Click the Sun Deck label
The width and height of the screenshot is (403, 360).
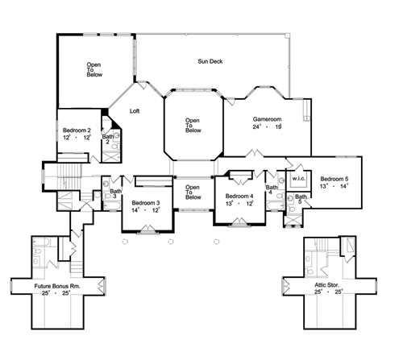point(210,61)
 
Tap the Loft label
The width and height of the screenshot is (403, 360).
point(135,111)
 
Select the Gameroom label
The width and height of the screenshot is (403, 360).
point(267,119)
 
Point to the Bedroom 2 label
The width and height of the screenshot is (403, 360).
point(77,130)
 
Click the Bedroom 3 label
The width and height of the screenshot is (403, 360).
point(146,203)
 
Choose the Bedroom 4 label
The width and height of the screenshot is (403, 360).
point(239,197)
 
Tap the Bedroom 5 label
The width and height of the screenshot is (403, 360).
point(334,179)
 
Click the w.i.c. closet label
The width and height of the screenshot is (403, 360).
point(298,179)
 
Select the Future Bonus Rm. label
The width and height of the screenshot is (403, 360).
point(57,286)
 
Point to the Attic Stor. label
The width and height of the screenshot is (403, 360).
point(327,285)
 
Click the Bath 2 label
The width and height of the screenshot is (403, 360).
point(108,139)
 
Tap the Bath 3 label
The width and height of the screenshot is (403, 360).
point(115,193)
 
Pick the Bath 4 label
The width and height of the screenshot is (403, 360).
point(272,189)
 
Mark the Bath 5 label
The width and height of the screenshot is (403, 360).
point(301,199)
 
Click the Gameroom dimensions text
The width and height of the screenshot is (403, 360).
point(267,126)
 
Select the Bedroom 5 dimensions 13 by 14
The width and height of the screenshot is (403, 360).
point(334,186)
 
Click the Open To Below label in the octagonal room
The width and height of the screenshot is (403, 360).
point(193,126)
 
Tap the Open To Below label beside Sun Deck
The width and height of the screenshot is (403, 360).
point(94,69)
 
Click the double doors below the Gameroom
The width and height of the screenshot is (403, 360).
point(255,154)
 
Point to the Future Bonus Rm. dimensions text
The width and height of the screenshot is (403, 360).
point(56,293)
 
